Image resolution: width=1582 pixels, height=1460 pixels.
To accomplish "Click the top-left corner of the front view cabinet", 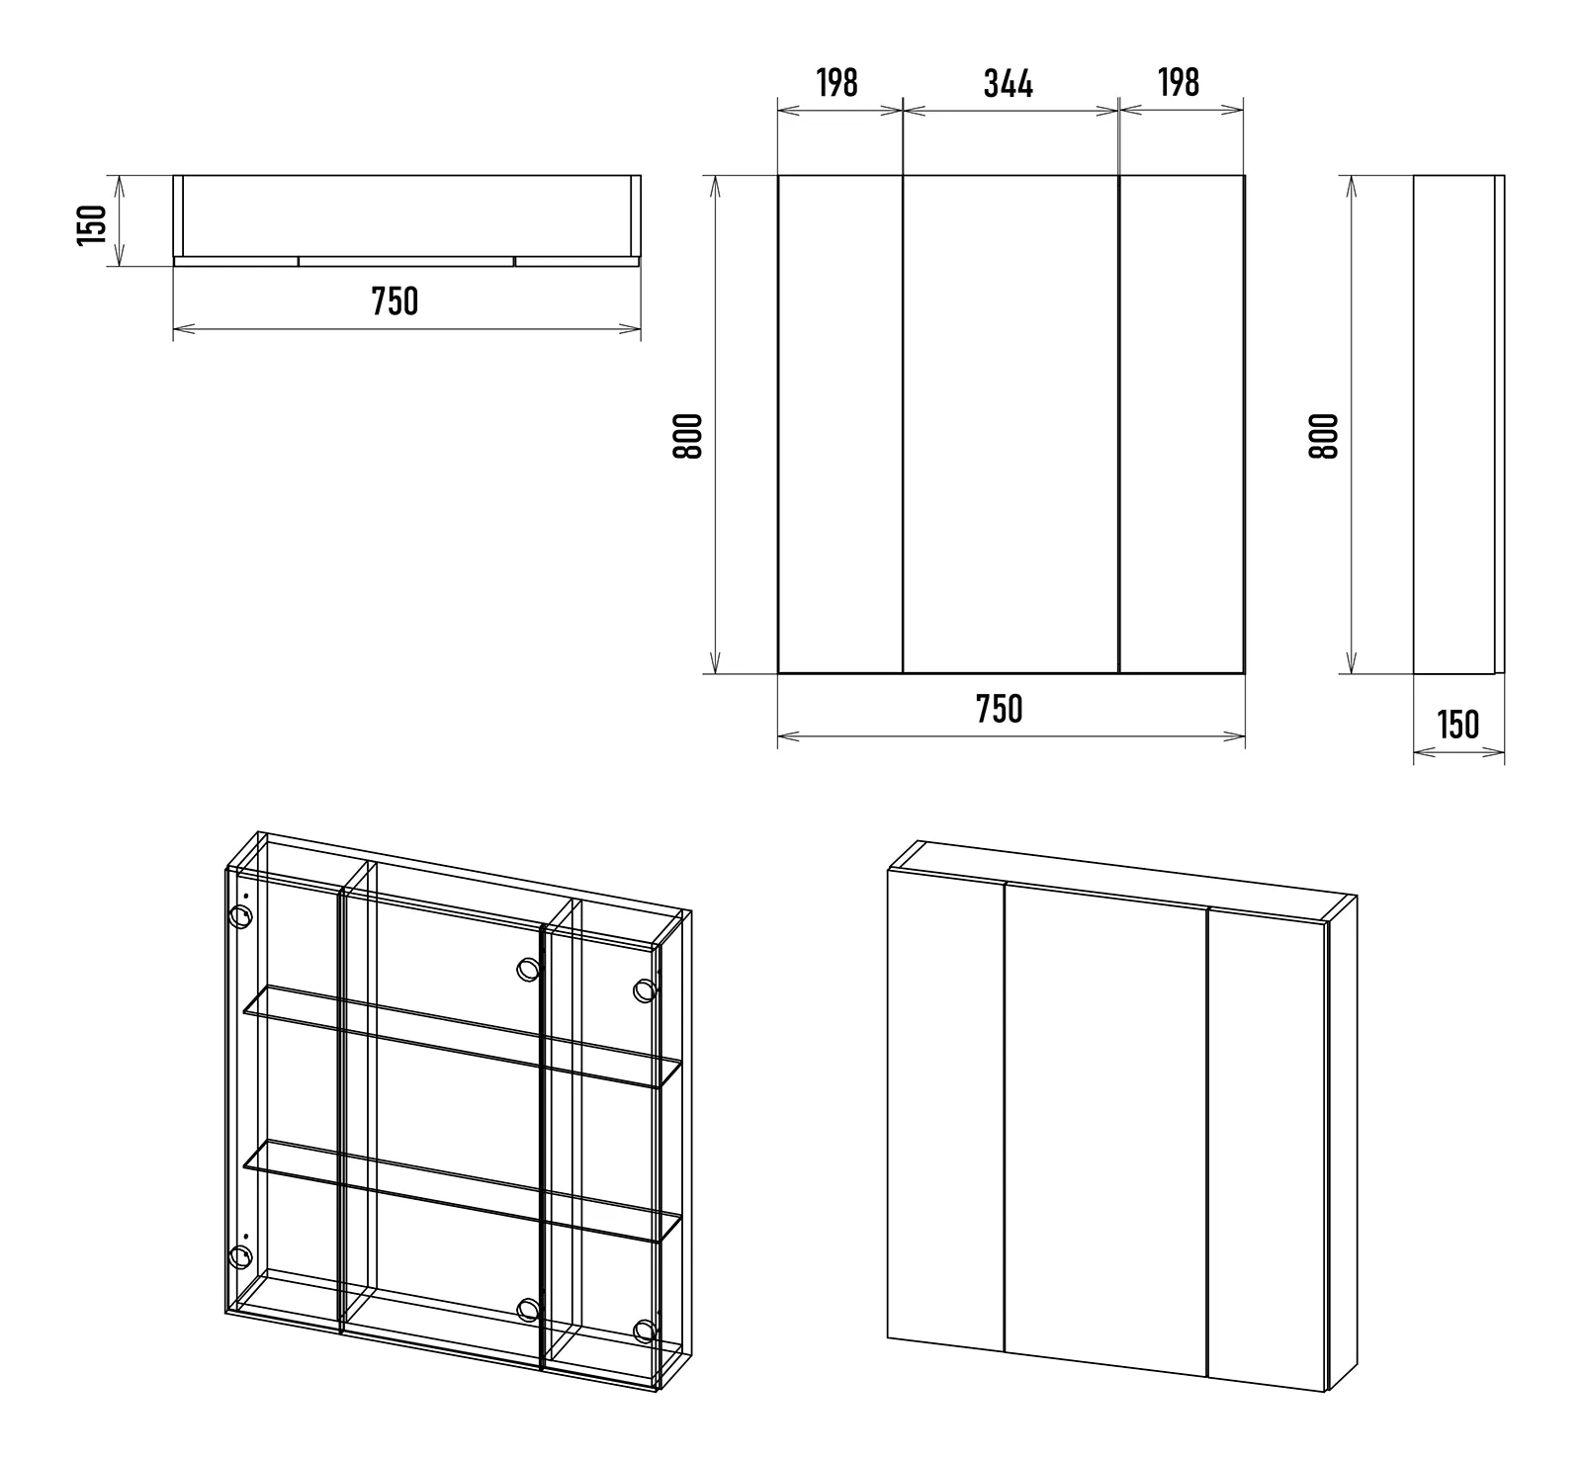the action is coord(778,176).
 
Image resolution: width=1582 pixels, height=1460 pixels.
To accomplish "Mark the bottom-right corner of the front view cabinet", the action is coord(1244,674).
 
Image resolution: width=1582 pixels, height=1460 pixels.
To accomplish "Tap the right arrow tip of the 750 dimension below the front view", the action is coord(1244,735).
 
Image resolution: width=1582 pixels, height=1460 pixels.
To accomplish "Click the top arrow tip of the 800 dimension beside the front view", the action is coord(715,177).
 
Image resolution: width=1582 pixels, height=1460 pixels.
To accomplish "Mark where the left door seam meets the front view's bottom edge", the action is coord(904,674).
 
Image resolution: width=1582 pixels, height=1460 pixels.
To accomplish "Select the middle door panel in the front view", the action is coord(1011,425).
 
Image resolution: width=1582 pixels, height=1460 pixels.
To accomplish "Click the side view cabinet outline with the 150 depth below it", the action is coord(1459,425).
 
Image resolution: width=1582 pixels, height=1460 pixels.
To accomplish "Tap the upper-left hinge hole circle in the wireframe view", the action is coord(240,916).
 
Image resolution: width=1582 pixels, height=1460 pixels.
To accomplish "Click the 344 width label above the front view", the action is coord(1009,84).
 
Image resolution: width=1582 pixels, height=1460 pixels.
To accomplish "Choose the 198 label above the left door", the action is coord(837,83).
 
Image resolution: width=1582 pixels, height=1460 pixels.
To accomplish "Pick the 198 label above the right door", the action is coord(1179,83).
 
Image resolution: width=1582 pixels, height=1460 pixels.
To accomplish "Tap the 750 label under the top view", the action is coord(395,301).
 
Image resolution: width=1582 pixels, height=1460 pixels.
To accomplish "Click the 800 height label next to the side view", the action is coord(1323,435).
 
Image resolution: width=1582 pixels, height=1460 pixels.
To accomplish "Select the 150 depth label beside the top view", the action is coord(91,224).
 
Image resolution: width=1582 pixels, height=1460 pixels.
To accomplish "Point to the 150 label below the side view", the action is coord(1458,725).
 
